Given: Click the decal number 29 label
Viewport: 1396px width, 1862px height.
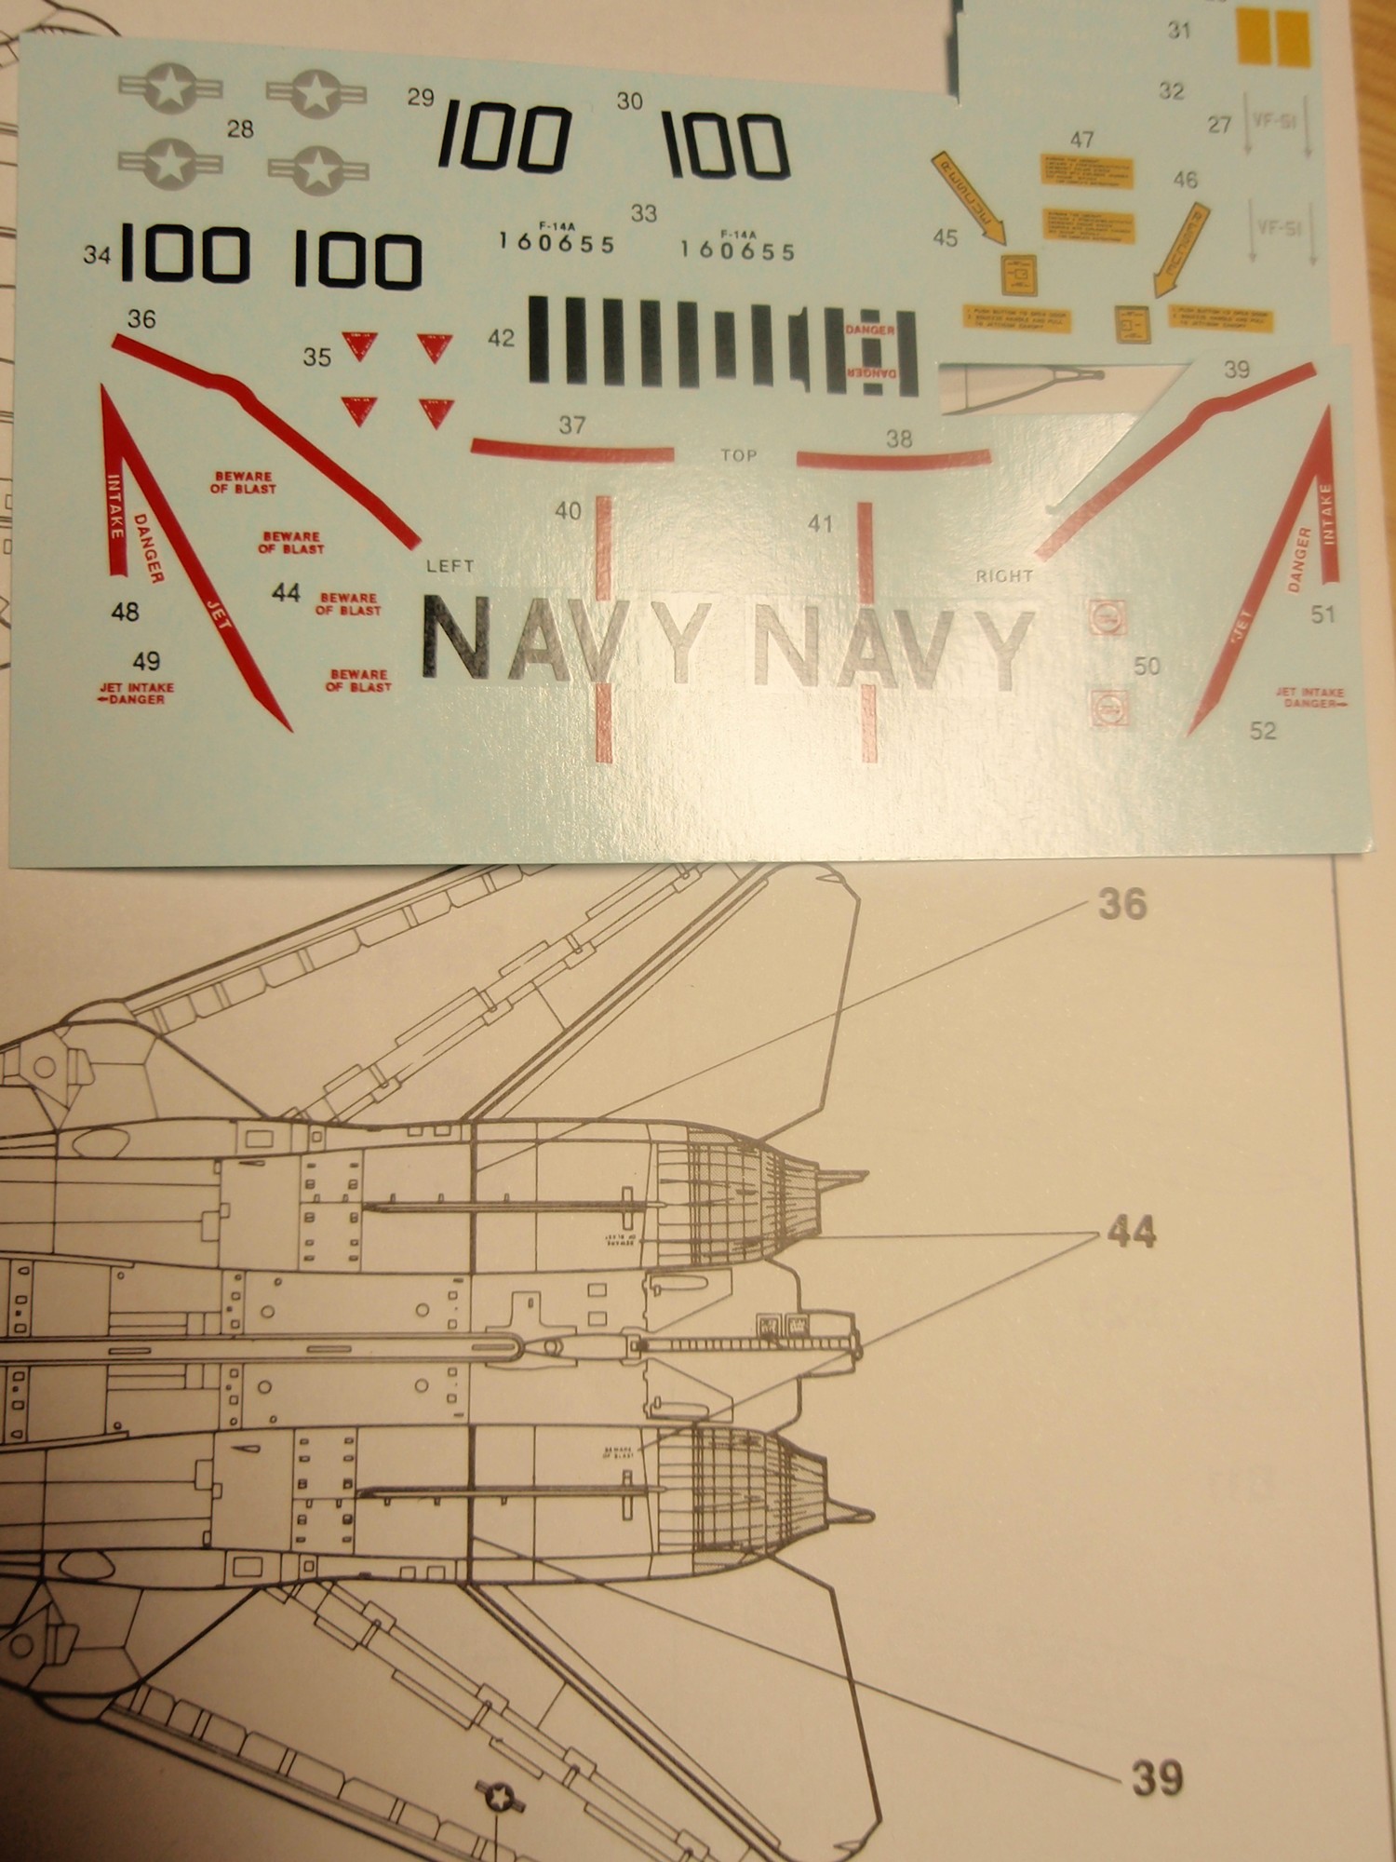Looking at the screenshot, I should click(422, 98).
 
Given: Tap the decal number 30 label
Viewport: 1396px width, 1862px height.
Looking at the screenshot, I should click(630, 101).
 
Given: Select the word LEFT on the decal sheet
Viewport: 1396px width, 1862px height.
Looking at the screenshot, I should click(450, 566).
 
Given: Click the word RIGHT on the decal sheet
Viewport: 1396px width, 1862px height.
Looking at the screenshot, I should click(1004, 576).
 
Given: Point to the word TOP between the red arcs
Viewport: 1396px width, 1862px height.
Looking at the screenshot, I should click(739, 456).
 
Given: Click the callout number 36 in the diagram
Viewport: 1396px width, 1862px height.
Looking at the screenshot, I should click(1122, 904).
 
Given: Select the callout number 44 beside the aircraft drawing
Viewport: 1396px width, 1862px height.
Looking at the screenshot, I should click(1131, 1233).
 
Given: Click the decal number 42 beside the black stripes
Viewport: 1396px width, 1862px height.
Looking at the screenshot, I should click(501, 338).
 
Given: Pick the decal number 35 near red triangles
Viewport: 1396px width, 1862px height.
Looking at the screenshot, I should click(317, 358).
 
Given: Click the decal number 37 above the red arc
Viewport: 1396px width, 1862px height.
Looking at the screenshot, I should click(571, 425).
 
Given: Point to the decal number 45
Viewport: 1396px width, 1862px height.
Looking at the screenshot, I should click(945, 238).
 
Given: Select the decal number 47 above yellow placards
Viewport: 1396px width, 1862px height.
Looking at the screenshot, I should click(1081, 140).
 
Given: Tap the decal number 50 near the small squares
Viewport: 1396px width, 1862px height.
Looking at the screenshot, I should click(1147, 667).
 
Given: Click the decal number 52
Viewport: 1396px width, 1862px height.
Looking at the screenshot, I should click(1263, 732).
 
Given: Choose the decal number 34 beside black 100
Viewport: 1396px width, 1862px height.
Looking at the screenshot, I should click(97, 255).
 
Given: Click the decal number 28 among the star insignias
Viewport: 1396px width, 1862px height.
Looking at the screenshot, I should click(240, 129).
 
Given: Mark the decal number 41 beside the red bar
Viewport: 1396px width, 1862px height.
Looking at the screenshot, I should click(820, 525).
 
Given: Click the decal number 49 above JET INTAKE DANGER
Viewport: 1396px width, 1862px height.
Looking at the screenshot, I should click(146, 661).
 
